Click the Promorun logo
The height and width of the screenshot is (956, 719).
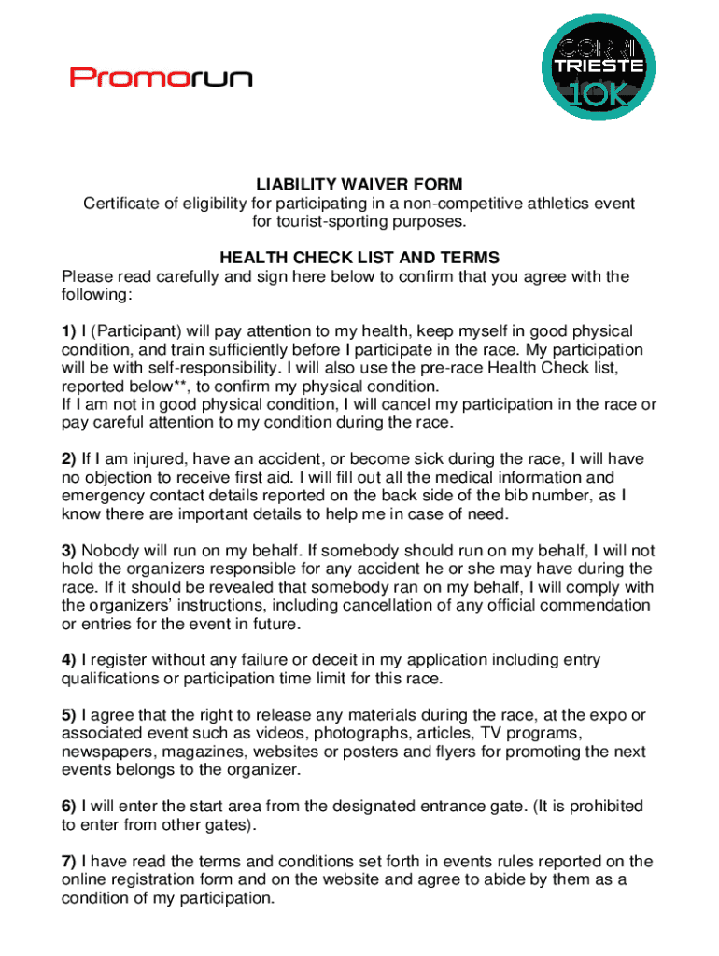(x=161, y=77)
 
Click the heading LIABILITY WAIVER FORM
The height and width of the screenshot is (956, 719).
(x=359, y=185)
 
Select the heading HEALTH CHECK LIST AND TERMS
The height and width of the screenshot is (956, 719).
(x=359, y=258)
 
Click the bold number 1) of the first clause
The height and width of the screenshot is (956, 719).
(x=69, y=331)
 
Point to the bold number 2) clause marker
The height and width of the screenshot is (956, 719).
(x=69, y=459)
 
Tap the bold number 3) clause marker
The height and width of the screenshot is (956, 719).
(x=69, y=551)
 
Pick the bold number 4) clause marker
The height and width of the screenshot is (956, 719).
(x=69, y=660)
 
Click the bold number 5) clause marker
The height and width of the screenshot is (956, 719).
(x=69, y=715)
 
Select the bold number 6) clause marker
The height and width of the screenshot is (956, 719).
(x=69, y=807)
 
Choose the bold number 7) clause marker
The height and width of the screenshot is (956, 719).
(x=69, y=862)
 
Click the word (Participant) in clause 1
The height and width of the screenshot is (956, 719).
(x=135, y=331)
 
